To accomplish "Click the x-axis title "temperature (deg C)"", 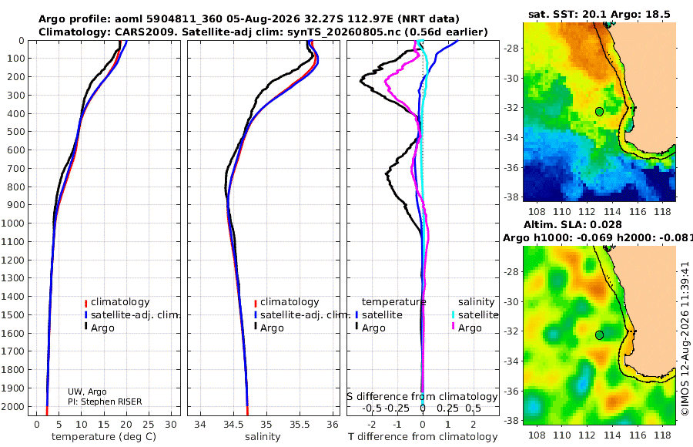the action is tap(104, 437).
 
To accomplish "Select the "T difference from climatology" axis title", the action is tap(423, 437).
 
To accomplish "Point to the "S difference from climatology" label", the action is tap(422, 397).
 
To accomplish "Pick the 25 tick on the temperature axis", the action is tap(149, 425).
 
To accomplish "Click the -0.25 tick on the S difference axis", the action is tap(398, 408).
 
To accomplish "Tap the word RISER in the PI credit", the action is tap(129, 402).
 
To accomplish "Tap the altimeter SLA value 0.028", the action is tap(608, 224).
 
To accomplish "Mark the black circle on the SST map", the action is tap(599, 112).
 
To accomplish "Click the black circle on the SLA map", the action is tap(599, 335).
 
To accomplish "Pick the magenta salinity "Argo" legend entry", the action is tap(466, 328).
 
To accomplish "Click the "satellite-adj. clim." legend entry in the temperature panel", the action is tap(132, 314).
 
